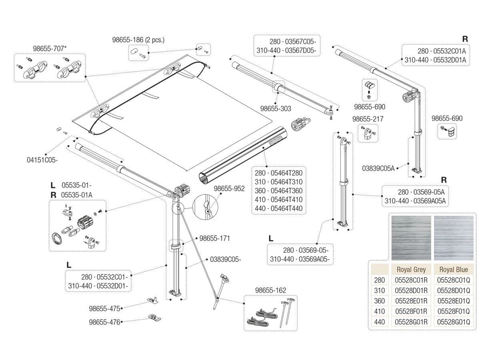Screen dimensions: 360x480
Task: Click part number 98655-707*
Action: [50, 49]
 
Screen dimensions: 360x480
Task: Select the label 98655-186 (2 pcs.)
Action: [138, 40]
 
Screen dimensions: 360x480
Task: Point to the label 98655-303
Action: [276, 108]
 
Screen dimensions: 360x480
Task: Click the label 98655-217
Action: [368, 119]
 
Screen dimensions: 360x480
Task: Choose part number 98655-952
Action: [229, 188]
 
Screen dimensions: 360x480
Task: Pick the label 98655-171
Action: [214, 238]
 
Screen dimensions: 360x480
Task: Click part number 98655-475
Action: [104, 308]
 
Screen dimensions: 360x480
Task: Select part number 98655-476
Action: [104, 322]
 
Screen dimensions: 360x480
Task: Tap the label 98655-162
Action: [271, 290]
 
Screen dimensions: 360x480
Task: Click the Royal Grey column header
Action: [411, 269]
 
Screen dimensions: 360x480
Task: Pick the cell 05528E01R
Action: [411, 301]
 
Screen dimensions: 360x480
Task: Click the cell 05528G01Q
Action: [454, 322]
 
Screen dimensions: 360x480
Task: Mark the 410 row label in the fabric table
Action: [379, 311]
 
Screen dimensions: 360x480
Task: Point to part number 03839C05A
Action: [378, 168]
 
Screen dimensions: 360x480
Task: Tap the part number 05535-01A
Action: [77, 194]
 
